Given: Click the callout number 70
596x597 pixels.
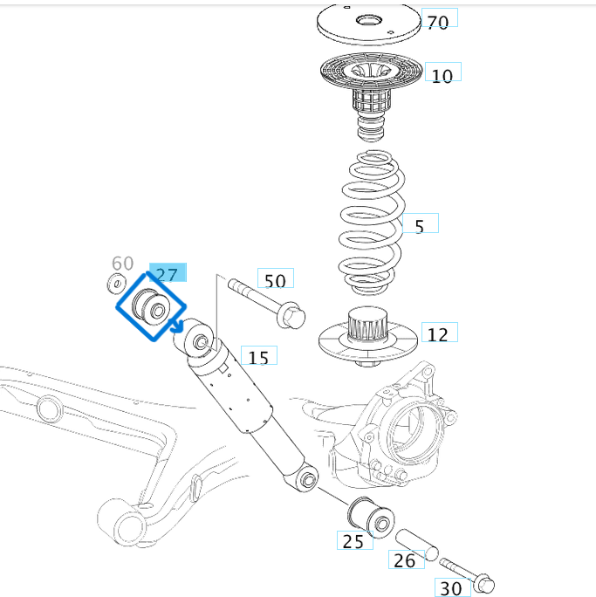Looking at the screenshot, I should (x=438, y=21).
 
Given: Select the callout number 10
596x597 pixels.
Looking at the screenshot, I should (x=442, y=75).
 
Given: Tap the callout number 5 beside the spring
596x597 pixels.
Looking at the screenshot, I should (x=420, y=226).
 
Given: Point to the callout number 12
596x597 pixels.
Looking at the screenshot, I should (x=438, y=334).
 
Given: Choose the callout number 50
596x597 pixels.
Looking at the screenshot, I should (x=275, y=280).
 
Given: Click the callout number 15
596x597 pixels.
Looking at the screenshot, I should (x=258, y=357).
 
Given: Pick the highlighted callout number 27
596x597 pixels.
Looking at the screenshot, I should (x=167, y=275).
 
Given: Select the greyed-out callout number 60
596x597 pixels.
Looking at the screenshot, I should (x=123, y=264).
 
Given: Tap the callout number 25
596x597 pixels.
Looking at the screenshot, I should (x=353, y=542).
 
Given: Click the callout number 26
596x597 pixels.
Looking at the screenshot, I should (x=405, y=559).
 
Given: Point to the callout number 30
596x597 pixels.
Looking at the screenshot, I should (x=450, y=588).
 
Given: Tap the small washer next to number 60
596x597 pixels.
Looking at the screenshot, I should (x=114, y=282).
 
